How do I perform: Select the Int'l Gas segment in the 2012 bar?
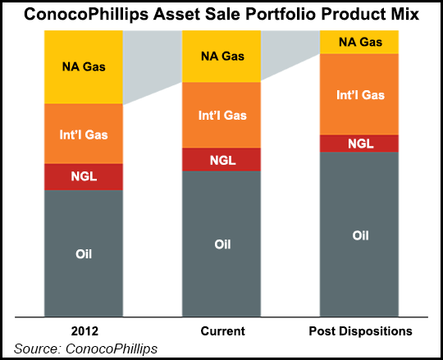(83, 134)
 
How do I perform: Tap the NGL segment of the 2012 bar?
(83, 176)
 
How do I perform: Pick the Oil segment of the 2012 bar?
(83, 253)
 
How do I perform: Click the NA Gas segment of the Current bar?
(221, 57)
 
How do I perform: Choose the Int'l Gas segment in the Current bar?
(221, 115)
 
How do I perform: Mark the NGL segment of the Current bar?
(221, 159)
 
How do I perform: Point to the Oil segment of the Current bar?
(221, 244)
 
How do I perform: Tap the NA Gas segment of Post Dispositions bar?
(359, 42)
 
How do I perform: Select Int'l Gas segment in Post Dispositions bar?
(359, 93)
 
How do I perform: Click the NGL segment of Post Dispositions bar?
(359, 143)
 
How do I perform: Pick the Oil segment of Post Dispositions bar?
(359, 235)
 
